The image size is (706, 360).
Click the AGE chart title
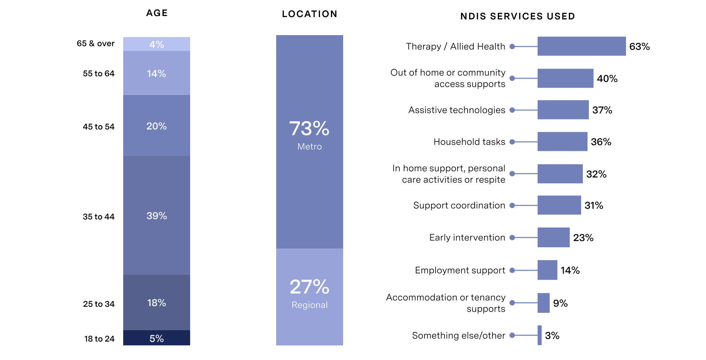tap(157, 13)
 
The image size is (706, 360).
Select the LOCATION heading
tap(309, 14)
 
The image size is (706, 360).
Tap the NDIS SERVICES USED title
tap(518, 16)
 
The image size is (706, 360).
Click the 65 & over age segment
tap(156, 44)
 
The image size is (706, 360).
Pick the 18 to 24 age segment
tap(156, 338)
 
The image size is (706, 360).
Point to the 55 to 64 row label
tap(98, 74)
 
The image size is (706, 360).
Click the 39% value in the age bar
tap(156, 216)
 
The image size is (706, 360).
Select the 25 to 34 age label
tap(98, 304)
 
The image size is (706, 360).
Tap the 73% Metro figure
tap(309, 128)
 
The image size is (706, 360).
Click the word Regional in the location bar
tap(309, 305)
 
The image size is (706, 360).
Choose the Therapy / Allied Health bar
tap(581, 46)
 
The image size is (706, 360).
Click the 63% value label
tap(639, 47)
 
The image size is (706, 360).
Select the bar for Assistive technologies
tap(563, 110)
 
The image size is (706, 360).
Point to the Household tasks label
tap(469, 142)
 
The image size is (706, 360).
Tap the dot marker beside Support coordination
tap(512, 205)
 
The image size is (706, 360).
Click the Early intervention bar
tap(553, 238)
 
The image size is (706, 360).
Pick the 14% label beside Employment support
tap(570, 270)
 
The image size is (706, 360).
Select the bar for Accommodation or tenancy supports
tap(543, 303)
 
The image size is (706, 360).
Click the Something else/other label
tap(458, 335)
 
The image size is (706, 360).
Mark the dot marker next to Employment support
tap(512, 270)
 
